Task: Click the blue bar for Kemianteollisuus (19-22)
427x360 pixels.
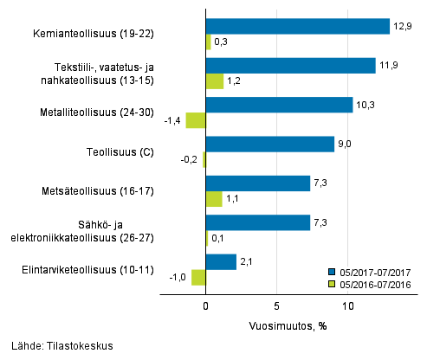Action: pos(298,27)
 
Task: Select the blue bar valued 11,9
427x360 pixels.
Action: pos(291,66)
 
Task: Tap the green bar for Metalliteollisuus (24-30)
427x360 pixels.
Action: pos(196,120)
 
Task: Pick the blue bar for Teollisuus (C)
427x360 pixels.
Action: pos(270,144)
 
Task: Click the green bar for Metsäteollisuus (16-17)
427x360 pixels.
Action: pos(214,199)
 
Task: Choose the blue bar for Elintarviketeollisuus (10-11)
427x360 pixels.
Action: pos(221,261)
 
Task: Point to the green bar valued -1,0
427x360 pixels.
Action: pos(198,277)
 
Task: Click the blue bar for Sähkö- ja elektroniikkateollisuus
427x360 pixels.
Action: pos(258,222)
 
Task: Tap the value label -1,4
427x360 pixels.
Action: pos(173,120)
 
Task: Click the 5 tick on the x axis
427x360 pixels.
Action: pos(276,305)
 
